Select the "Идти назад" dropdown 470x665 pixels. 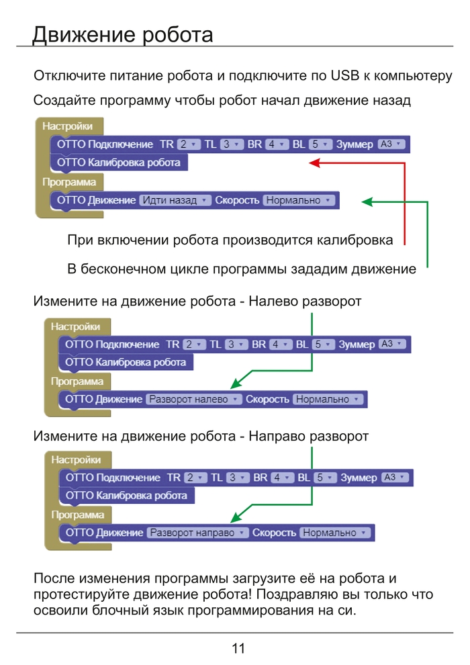(x=175, y=200)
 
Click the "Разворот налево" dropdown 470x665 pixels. (x=194, y=399)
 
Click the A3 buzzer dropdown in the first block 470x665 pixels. (x=391, y=144)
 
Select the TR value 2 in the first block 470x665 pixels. (x=189, y=144)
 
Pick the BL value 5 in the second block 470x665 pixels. (x=323, y=345)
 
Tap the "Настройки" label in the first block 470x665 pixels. (x=67, y=126)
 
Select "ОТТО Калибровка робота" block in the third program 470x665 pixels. (x=126, y=496)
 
